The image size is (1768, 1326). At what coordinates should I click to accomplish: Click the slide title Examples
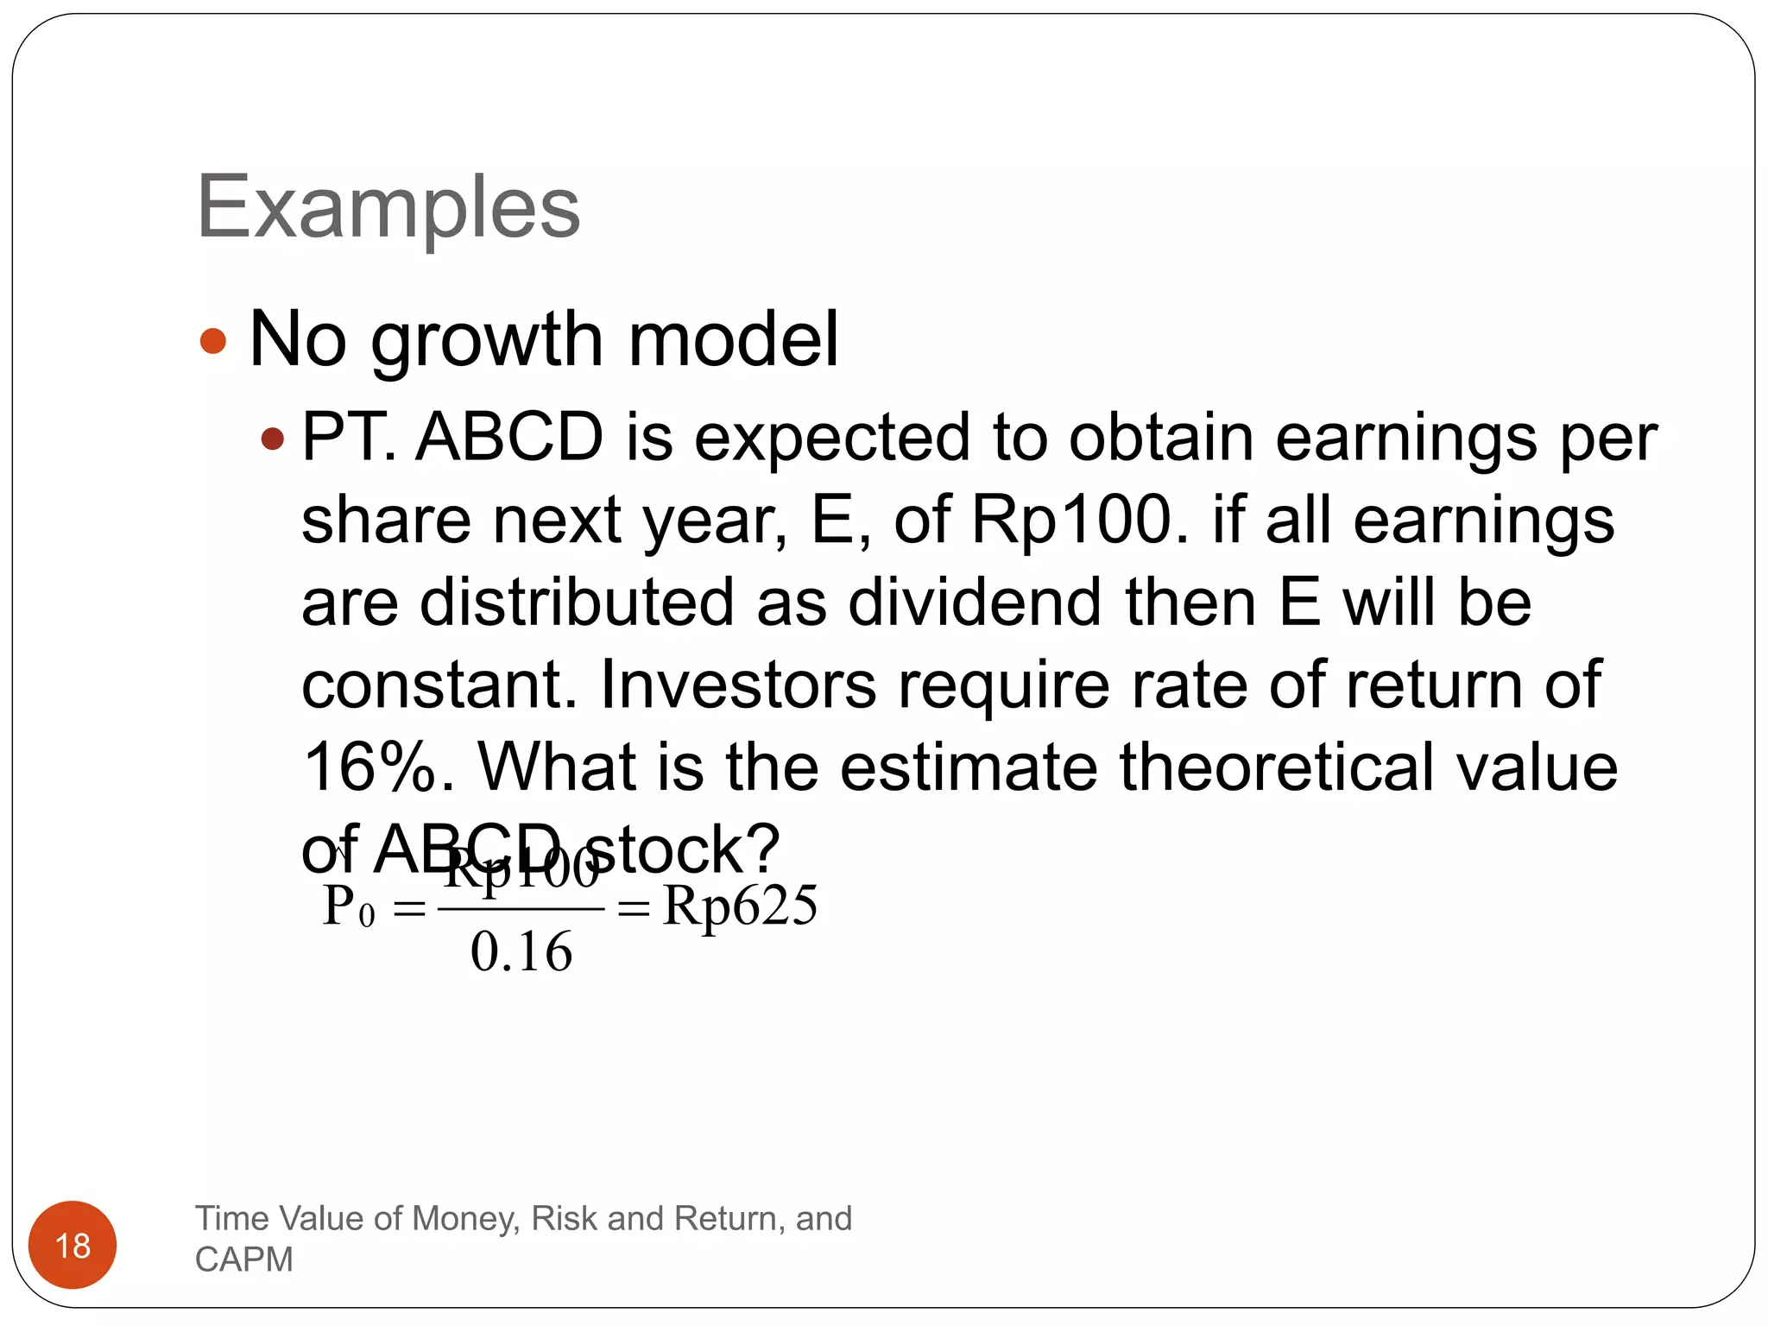(388, 207)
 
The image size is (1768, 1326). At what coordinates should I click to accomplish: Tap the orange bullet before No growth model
(212, 340)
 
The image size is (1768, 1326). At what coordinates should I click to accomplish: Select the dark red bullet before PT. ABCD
(272, 439)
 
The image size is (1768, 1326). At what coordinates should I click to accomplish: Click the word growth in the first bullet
(487, 340)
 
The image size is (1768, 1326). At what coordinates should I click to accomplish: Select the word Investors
(738, 685)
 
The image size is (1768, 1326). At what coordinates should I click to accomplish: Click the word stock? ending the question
(682, 849)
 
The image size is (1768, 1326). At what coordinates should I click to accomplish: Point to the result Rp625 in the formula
(740, 906)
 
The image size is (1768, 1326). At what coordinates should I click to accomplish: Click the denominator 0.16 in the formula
(521, 952)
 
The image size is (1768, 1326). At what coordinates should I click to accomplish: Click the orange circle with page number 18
(73, 1245)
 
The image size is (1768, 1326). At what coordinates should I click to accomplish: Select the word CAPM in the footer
(244, 1260)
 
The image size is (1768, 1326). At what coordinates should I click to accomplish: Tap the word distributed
(576, 603)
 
